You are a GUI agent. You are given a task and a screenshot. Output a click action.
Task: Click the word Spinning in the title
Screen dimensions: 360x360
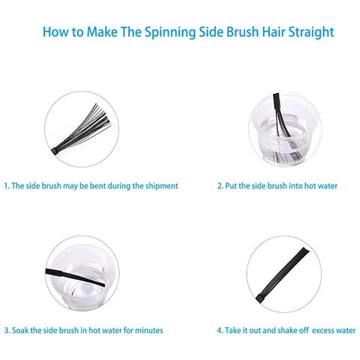(x=170, y=32)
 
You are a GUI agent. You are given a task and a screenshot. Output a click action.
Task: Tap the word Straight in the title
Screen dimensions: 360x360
(x=311, y=32)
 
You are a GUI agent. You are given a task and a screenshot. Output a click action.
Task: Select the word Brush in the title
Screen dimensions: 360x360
(x=242, y=32)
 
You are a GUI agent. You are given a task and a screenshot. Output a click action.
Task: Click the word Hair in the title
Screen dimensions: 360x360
(x=274, y=32)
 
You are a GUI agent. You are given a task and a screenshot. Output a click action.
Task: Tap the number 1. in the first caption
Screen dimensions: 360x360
(x=7, y=186)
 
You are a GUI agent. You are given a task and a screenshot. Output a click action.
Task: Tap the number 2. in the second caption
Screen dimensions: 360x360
(x=220, y=186)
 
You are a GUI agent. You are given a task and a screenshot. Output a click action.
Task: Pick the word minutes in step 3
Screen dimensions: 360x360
(x=149, y=330)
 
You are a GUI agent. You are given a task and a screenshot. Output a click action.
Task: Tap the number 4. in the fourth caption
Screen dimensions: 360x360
(x=220, y=331)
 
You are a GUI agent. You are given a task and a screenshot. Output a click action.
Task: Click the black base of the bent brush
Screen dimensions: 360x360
(x=55, y=151)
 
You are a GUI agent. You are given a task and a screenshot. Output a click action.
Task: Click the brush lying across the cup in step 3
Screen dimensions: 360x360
(x=75, y=277)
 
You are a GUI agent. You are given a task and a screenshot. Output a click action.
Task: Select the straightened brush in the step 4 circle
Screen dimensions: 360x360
(x=283, y=275)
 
